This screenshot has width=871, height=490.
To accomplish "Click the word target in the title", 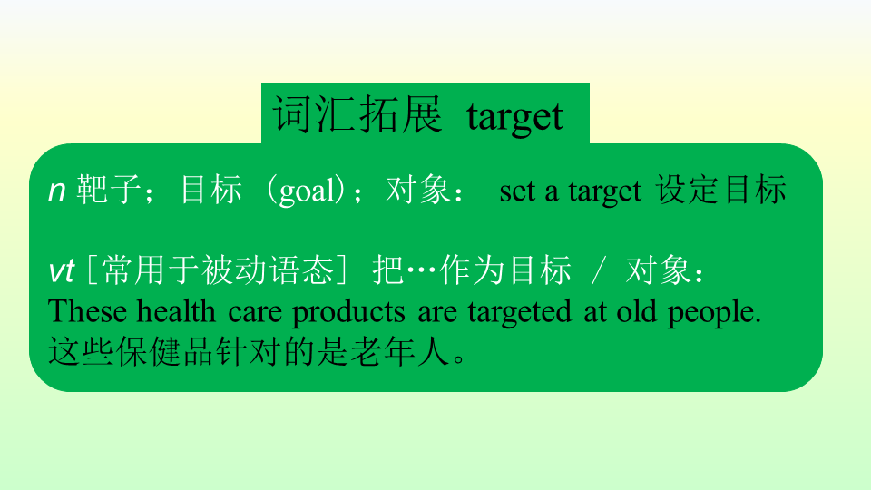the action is [515, 117].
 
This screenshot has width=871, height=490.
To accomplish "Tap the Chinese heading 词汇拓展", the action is [357, 114].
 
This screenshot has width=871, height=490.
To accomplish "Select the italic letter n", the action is [56, 191].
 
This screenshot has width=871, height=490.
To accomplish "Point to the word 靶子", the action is [109, 189].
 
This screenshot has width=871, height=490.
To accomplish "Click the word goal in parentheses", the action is [308, 191].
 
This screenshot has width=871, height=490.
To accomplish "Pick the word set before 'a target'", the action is [518, 191].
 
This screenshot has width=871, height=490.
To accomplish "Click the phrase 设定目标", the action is [721, 189].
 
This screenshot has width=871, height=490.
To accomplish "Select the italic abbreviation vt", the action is [61, 271].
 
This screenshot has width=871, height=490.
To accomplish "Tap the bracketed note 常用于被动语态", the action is [218, 270].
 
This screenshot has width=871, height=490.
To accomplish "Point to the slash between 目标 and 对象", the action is [598, 271].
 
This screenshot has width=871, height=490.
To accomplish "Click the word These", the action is [87, 311].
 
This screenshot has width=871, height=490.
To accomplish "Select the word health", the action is [176, 311].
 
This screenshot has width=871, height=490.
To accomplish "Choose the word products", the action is [348, 313].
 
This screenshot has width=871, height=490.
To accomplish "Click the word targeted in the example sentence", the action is [519, 313].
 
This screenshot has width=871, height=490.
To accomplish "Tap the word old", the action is [636, 311].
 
